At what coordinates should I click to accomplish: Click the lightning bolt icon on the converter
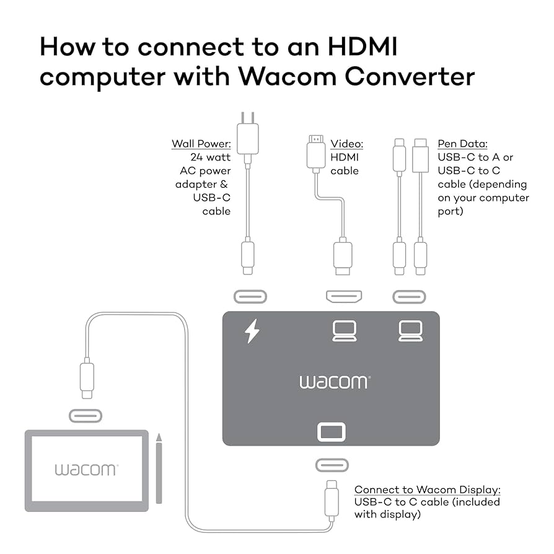click(252, 331)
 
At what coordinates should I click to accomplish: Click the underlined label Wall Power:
click(201, 144)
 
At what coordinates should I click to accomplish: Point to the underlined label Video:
click(346, 144)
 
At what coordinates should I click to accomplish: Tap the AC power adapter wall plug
click(247, 137)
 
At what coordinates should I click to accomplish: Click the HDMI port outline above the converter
click(345, 297)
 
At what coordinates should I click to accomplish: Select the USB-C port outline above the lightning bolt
click(250, 297)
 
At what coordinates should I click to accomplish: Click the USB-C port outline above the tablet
click(85, 415)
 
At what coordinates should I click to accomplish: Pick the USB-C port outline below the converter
click(332, 465)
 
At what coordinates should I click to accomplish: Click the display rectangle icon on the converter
click(332, 432)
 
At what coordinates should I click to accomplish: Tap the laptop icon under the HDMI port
click(345, 331)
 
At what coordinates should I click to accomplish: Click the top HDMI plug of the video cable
click(316, 152)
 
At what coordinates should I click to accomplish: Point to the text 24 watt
click(211, 157)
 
